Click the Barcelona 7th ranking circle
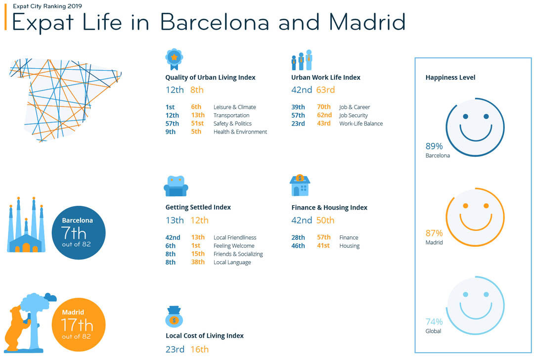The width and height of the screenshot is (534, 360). pyautogui.click(x=79, y=232)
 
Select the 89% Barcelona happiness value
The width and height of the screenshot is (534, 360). pyautogui.click(x=434, y=146)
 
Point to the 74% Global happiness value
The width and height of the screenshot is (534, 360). pyautogui.click(x=434, y=322)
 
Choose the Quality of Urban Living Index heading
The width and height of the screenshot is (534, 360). pyautogui.click(x=210, y=78)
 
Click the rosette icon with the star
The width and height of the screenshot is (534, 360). pyautogui.click(x=174, y=58)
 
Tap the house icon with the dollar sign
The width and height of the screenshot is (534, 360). pyautogui.click(x=300, y=185)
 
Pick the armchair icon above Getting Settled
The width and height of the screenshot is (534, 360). pyautogui.click(x=176, y=186)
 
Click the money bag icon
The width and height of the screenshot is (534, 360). pyautogui.click(x=174, y=317)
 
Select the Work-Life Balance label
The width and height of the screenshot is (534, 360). pyautogui.click(x=361, y=124)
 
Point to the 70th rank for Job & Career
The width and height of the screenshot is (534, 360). pyautogui.click(x=324, y=107)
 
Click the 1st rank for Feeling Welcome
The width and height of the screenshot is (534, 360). pyautogui.click(x=196, y=246)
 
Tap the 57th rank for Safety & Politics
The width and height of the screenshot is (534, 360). pyautogui.click(x=172, y=124)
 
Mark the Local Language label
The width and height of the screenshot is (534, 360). pyautogui.click(x=232, y=263)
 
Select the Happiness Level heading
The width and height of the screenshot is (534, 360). pyautogui.click(x=450, y=78)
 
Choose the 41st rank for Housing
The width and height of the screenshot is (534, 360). pyautogui.click(x=323, y=246)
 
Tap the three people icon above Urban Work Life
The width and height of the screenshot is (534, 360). pyautogui.click(x=302, y=60)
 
